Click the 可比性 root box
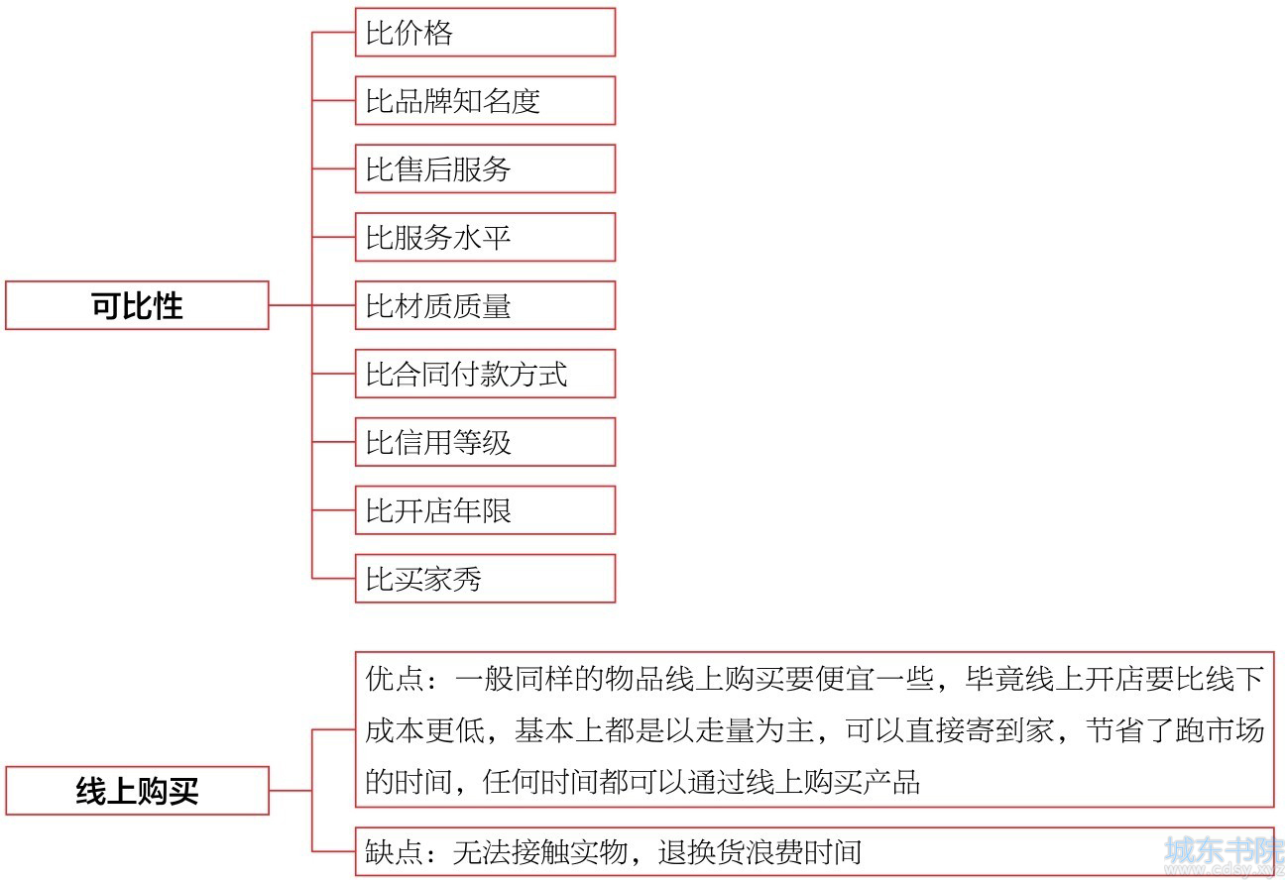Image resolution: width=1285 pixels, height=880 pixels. coord(137,305)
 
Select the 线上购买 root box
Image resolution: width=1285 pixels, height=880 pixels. coord(137,791)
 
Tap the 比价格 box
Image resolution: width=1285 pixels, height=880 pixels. coord(485,32)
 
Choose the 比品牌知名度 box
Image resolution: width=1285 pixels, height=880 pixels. coord(485,100)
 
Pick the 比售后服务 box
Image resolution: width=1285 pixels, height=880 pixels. coord(485,168)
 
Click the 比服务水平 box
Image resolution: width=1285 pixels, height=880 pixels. coord(485,237)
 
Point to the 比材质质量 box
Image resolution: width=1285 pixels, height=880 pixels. coord(485,305)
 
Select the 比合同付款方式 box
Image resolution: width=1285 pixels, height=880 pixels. coord(485,374)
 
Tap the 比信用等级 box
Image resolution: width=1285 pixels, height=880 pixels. coord(485,441)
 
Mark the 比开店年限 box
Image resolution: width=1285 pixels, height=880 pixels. coord(485,509)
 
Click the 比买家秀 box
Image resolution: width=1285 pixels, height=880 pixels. coord(485,578)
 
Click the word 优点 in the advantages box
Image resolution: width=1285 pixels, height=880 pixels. coord(395,679)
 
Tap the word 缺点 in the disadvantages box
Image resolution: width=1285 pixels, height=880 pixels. coord(395,851)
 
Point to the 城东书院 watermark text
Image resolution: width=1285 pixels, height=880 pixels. coord(1224,849)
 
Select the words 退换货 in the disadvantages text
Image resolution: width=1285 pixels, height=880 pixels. coord(702,851)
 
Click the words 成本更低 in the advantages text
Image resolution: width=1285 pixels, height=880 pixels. coord(424,729)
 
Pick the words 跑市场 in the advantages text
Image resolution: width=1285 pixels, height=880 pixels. coord(1219,729)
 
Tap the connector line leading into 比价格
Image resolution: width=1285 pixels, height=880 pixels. coord(333,32)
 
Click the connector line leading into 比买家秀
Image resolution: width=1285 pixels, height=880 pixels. coord(333,578)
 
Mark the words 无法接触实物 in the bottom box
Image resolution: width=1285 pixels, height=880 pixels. coord(540,851)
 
